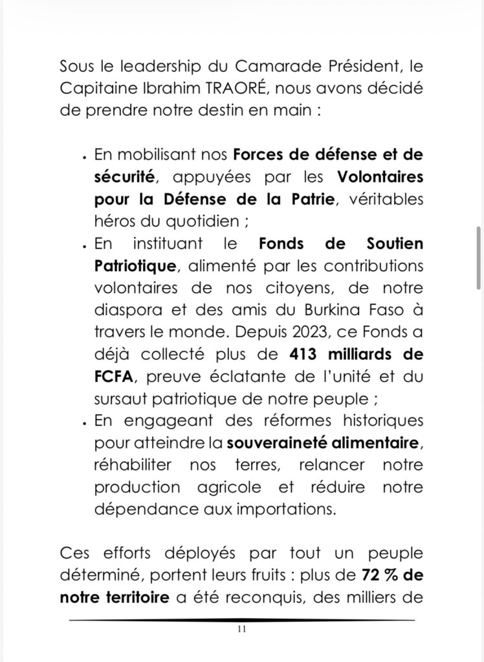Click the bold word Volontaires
click(380, 177)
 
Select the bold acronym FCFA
click(114, 376)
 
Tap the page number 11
click(241, 629)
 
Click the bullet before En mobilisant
click(85, 157)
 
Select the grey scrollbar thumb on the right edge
click(479, 257)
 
